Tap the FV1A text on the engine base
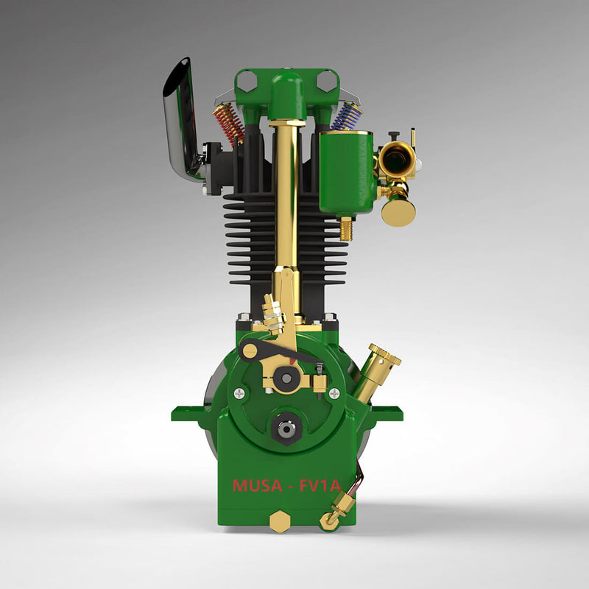point(317,486)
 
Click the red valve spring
point(229,122)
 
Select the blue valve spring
point(346,116)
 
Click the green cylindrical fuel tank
point(347,173)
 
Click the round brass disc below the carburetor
point(398,211)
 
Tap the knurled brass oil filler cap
point(384,356)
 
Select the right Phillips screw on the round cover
point(334,393)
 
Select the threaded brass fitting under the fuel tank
point(344,228)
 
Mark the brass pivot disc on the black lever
point(250,350)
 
